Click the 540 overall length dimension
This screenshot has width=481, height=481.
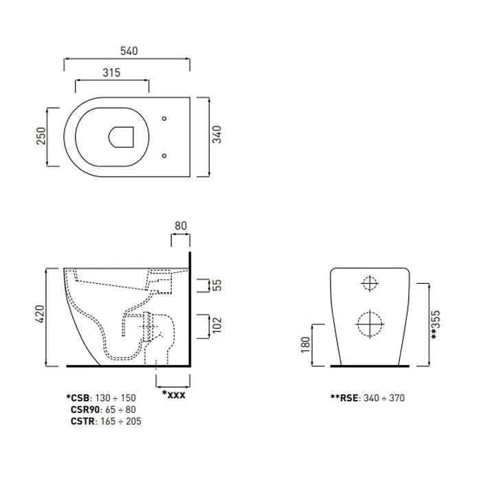(x=129, y=51)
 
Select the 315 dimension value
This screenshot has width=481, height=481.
(x=111, y=73)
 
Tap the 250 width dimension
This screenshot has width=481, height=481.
(x=41, y=136)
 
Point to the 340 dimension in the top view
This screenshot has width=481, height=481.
(x=216, y=135)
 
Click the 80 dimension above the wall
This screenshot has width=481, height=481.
(x=181, y=226)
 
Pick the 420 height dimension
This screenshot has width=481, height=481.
(x=40, y=314)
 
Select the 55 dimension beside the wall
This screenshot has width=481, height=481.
(x=216, y=285)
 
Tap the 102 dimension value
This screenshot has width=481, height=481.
(x=216, y=324)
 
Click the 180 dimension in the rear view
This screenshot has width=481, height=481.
(x=306, y=344)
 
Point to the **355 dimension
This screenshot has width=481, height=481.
(x=436, y=324)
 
